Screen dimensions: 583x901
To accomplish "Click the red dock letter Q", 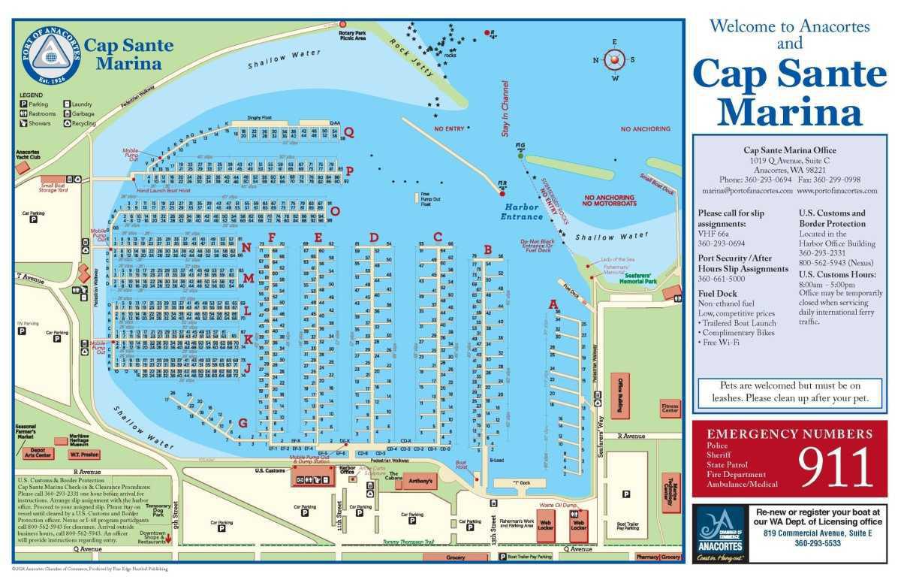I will [x=348, y=131].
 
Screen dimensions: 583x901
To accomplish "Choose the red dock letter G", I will [x=243, y=422].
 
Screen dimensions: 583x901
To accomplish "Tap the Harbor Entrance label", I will [x=523, y=212].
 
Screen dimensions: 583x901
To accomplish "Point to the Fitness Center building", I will [x=670, y=409].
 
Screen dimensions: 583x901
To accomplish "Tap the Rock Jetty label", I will [x=405, y=54].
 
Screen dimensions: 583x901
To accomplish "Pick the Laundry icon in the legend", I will [x=67, y=104].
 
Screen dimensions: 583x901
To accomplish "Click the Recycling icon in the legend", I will [x=67, y=123].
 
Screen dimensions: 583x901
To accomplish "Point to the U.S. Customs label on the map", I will [x=270, y=470].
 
